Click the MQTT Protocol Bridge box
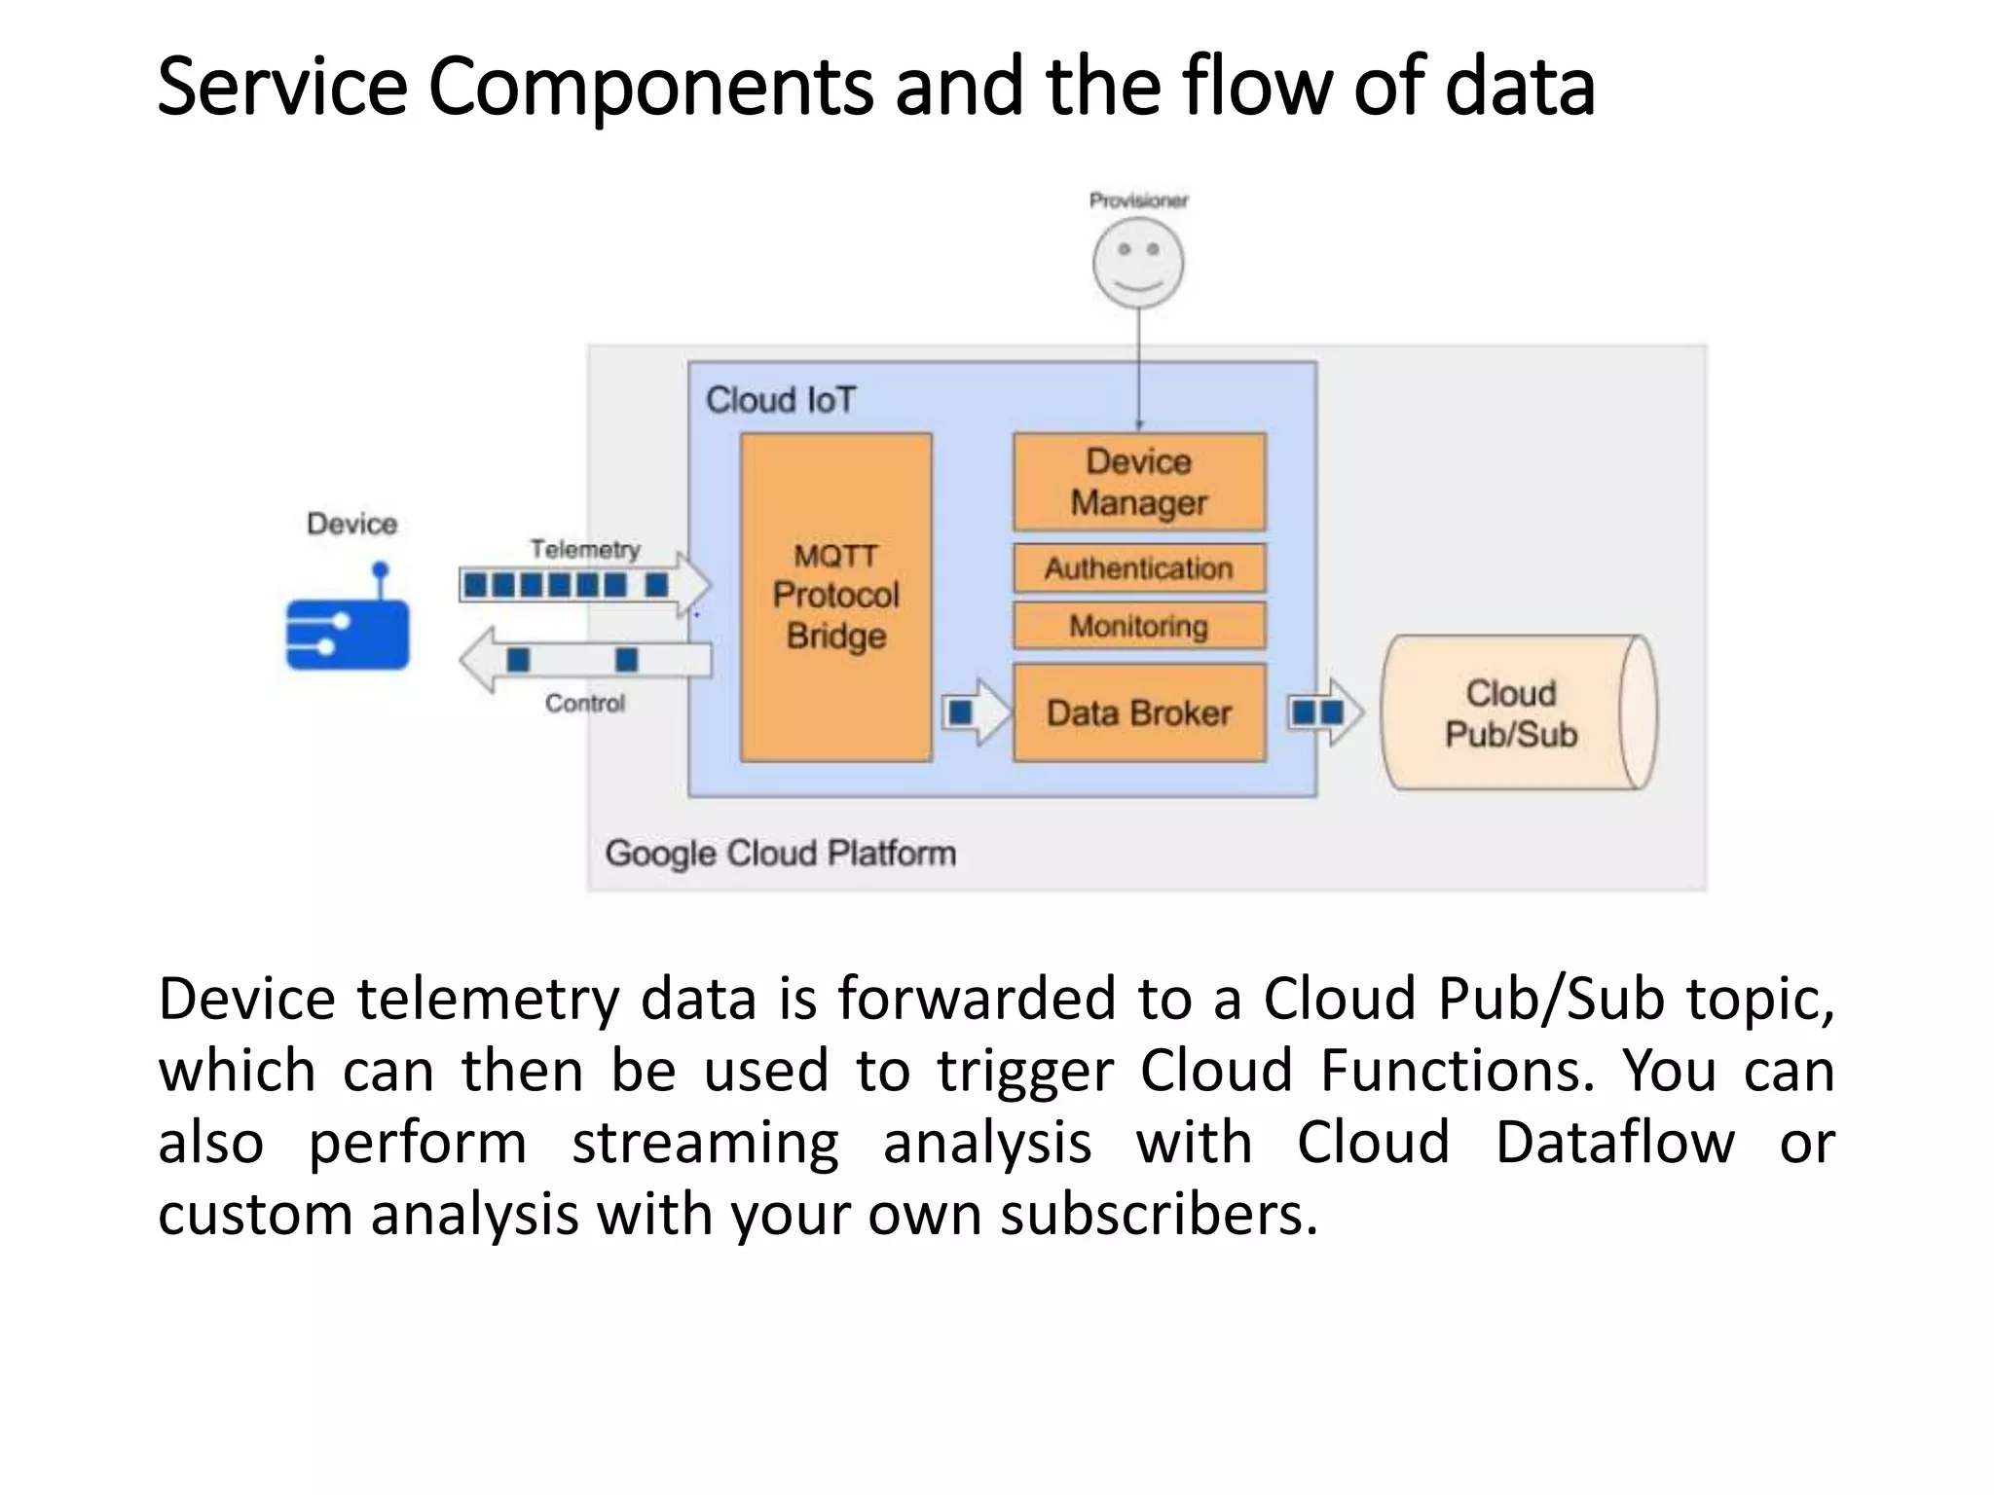pyautogui.click(x=835, y=596)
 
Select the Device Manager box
pyautogui.click(x=1138, y=482)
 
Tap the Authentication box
pyautogui.click(x=1138, y=568)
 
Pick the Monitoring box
pyautogui.click(x=1138, y=626)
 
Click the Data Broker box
pyautogui.click(x=1138, y=713)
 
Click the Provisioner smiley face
pyautogui.click(x=1137, y=263)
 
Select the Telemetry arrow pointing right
pyautogui.click(x=584, y=585)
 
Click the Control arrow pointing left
pyautogui.click(x=584, y=660)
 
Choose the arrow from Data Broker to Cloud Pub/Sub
pyautogui.click(x=1324, y=713)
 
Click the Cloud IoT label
pyautogui.click(x=780, y=400)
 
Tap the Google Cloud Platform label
pyautogui.click(x=780, y=854)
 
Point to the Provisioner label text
pyautogui.click(x=1137, y=201)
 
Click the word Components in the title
pyautogui.click(x=650, y=88)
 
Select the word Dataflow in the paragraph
pyautogui.click(x=1614, y=1142)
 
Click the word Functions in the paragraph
pyautogui.click(x=1457, y=1071)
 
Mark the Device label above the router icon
pyautogui.click(x=351, y=524)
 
